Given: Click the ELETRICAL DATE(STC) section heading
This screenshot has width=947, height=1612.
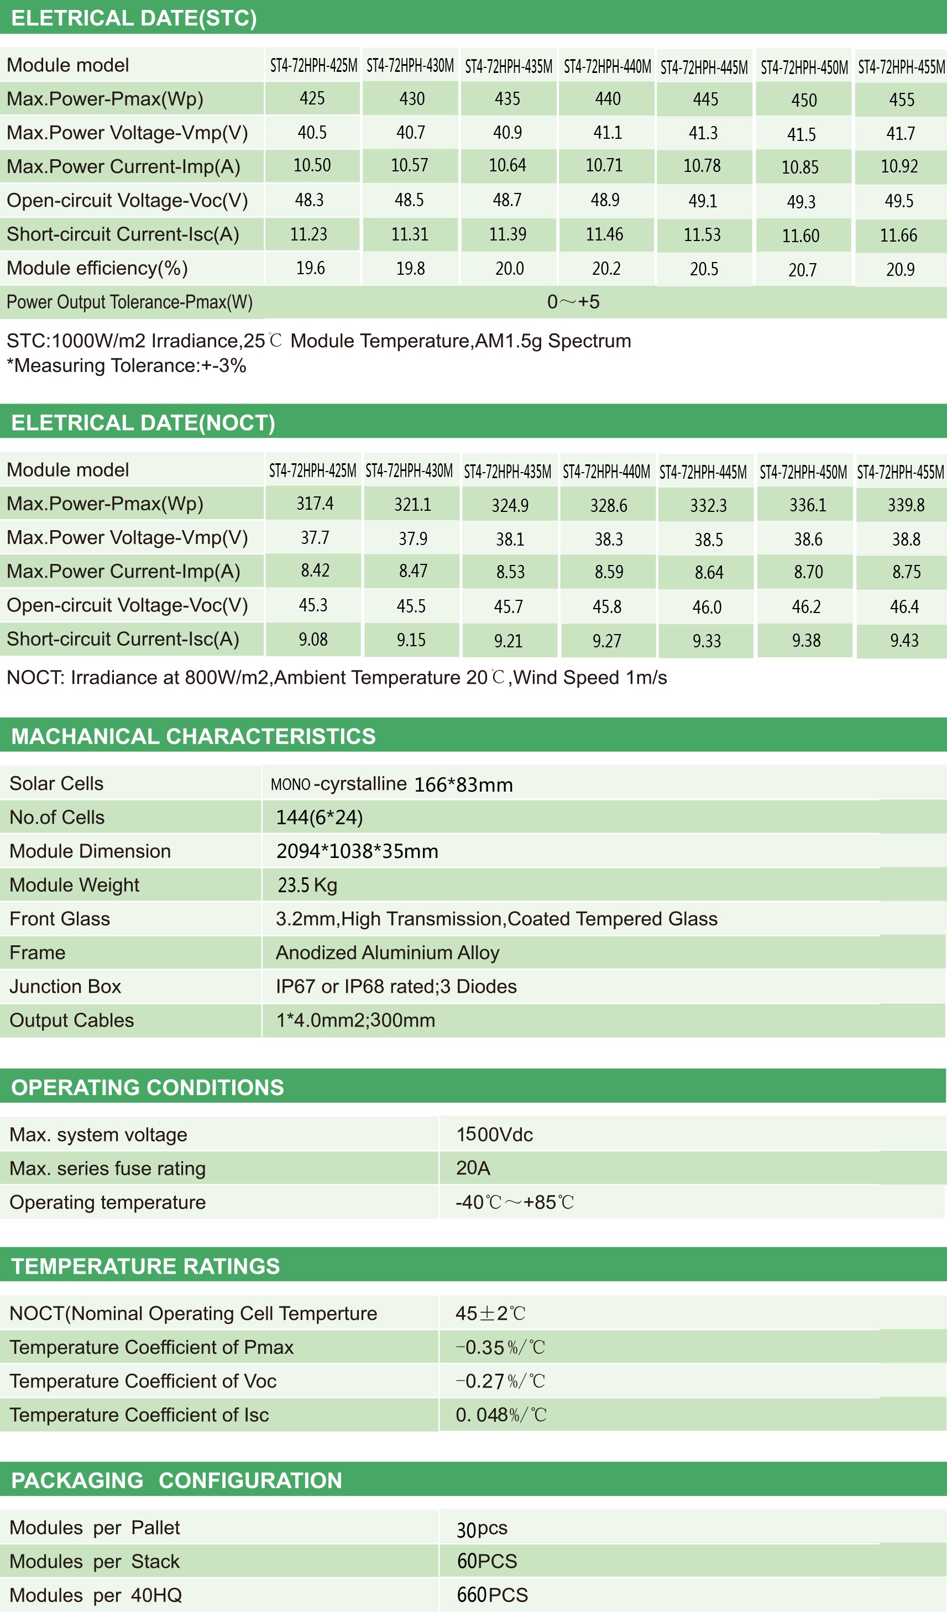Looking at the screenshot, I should point(134,18).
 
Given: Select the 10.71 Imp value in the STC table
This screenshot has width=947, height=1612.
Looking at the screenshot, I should point(604,166).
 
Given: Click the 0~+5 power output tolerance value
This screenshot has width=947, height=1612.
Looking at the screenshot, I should point(573,302).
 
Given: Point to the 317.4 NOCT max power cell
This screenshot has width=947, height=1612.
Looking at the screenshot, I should point(314,504).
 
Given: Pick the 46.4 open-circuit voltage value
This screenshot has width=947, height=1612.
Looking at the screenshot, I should point(903,606).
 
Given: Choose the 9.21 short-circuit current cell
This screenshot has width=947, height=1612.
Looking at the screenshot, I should point(508,640).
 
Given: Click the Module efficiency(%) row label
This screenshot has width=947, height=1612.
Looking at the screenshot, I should point(97,268).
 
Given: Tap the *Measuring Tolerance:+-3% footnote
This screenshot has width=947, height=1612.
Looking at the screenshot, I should point(126,366).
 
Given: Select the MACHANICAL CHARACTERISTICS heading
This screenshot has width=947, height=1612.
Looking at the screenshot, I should point(193,736).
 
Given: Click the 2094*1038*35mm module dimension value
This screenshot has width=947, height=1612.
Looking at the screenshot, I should point(357,851).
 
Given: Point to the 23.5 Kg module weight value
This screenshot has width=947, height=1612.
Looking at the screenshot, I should point(307,885).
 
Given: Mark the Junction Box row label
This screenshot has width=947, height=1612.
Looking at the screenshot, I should point(65,986).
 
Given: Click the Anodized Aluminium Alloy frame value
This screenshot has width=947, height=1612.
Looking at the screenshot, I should point(387,952).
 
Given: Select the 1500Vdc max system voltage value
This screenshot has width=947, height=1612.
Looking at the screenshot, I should point(494,1135).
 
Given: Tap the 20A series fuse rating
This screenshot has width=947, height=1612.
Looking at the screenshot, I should point(473,1168).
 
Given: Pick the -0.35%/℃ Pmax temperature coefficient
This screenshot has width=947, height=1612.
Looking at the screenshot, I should point(500,1348).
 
